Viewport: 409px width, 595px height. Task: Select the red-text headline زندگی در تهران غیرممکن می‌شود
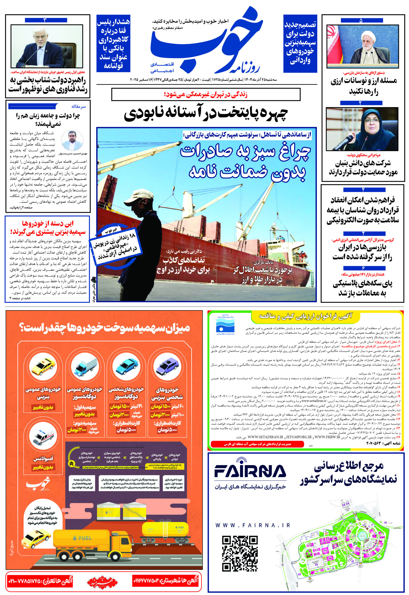[206, 95]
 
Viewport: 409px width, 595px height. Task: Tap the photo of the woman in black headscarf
[362, 129]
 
